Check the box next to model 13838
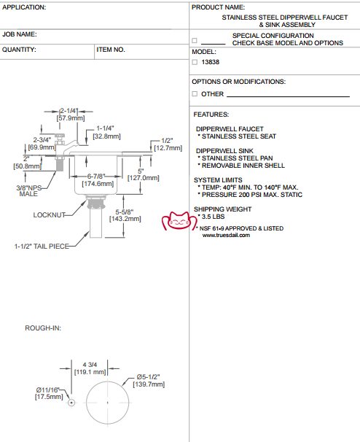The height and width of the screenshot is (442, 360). [x=195, y=62]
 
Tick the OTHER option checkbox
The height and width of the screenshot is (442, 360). [x=195, y=93]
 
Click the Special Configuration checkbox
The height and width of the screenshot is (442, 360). [x=195, y=40]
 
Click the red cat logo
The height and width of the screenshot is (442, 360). [x=179, y=221]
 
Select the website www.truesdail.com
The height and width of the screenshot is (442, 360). [x=226, y=236]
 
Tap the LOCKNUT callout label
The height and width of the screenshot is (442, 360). [x=50, y=215]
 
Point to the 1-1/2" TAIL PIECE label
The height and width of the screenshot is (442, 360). [x=42, y=247]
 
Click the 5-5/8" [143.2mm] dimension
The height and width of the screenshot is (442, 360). [x=125, y=215]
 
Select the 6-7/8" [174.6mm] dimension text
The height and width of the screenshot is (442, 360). [x=98, y=180]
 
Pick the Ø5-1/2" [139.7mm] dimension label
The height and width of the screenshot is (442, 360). [x=149, y=381]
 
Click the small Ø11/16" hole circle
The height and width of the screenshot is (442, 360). [x=71, y=403]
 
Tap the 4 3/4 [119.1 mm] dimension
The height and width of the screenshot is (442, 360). [x=90, y=368]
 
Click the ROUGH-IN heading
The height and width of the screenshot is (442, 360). [x=43, y=328]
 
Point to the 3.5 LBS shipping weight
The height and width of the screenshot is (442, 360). [x=214, y=217]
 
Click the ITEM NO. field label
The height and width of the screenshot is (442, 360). [x=111, y=50]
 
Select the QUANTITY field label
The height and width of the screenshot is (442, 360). [x=19, y=50]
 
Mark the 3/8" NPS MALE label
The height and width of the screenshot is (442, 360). [x=28, y=191]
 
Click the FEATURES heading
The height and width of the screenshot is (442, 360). [x=211, y=115]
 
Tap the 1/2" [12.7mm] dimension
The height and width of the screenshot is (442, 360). [x=168, y=144]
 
